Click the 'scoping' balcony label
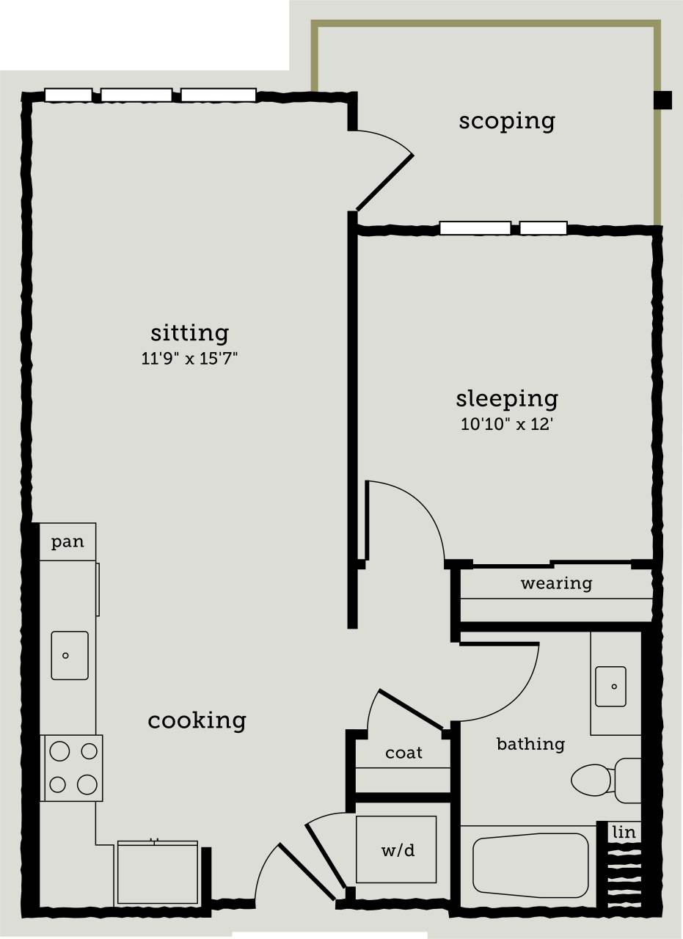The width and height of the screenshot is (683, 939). (x=507, y=121)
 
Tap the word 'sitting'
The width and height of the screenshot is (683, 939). (x=190, y=333)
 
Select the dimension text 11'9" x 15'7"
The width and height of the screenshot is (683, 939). (x=190, y=359)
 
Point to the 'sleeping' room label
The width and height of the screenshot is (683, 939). (x=507, y=399)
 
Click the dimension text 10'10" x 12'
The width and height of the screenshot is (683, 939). (x=507, y=425)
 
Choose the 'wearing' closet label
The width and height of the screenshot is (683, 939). (x=556, y=584)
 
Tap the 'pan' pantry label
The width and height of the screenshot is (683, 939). (x=67, y=542)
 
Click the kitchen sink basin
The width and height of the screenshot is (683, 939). (x=70, y=655)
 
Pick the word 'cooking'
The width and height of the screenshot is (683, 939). (x=197, y=720)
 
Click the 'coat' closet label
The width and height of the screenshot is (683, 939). (x=403, y=753)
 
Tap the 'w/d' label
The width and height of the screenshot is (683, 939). (x=398, y=850)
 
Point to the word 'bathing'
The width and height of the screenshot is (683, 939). (x=530, y=745)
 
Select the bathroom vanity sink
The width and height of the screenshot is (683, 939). (x=610, y=687)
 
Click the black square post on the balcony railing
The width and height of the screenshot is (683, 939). (x=662, y=100)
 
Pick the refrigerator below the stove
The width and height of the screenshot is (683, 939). (x=157, y=873)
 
